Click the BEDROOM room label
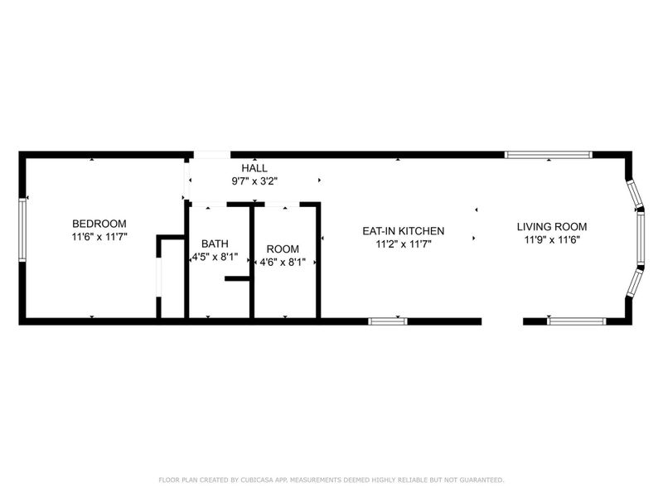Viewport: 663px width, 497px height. (99, 224)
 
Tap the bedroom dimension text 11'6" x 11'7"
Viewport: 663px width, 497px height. (99, 237)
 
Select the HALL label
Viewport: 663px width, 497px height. (254, 168)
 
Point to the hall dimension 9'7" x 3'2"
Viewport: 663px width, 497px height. (254, 181)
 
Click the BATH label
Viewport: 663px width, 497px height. (215, 244)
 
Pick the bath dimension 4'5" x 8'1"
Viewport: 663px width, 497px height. (215, 257)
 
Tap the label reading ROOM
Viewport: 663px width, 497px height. (283, 248)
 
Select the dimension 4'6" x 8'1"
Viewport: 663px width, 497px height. (283, 262)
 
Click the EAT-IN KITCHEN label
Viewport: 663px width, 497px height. (404, 230)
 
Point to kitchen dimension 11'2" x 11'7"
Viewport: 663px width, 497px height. (404, 244)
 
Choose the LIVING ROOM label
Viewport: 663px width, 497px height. (552, 226)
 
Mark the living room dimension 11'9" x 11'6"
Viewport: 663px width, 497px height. (552, 239)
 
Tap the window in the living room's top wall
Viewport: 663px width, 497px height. (548, 154)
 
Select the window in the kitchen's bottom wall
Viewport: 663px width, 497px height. (387, 321)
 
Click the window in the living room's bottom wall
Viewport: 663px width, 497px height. (577, 321)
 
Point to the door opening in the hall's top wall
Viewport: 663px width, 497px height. (212, 155)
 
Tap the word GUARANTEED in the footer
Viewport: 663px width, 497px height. (481, 480)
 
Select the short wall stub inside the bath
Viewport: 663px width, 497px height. (237, 279)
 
